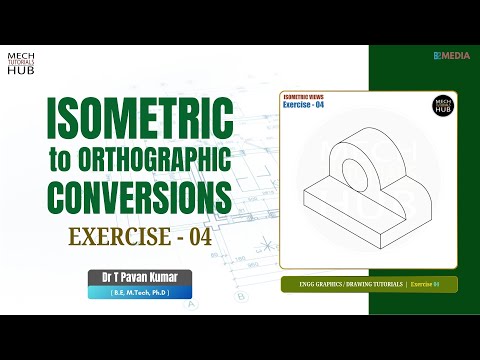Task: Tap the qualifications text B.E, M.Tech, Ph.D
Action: tap(137, 291)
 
